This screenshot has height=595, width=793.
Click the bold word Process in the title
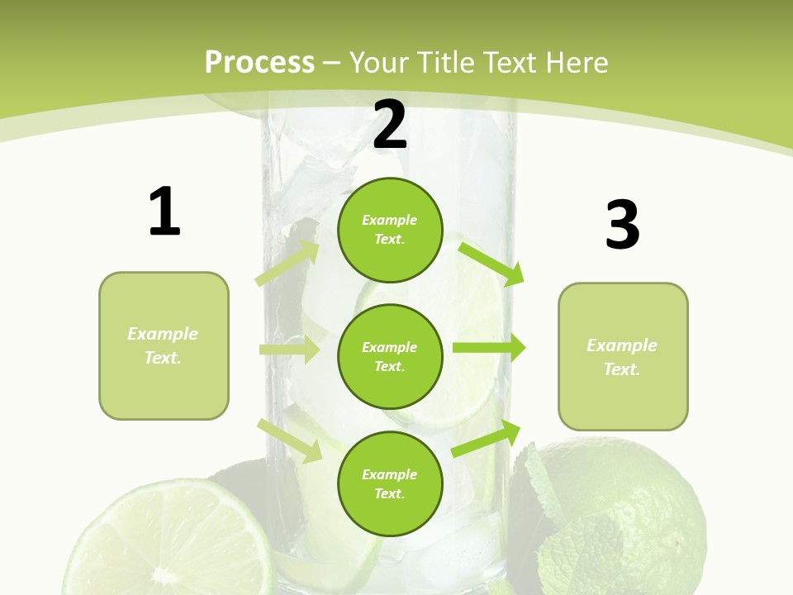[x=259, y=63]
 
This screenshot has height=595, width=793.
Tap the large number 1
[x=164, y=212]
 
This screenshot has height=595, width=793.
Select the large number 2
[x=390, y=125]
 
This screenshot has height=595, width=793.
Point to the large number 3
[x=622, y=226]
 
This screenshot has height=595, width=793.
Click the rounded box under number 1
[x=164, y=345]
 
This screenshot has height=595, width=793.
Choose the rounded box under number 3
[x=623, y=356]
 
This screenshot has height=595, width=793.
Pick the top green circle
[x=390, y=230]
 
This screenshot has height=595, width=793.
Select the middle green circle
[x=390, y=356]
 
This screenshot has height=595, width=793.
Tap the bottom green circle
[x=390, y=483]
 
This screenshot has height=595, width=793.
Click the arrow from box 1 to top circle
[x=287, y=263]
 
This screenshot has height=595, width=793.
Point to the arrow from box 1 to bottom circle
[x=290, y=440]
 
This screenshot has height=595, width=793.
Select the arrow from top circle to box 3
[x=491, y=263]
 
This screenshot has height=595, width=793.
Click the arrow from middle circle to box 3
[x=489, y=348]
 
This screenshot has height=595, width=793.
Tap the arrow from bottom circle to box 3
[x=487, y=439]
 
